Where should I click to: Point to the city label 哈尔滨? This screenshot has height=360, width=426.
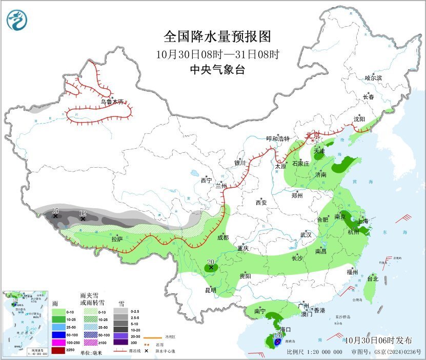tap(373, 78)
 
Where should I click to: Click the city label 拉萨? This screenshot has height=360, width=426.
tap(117, 238)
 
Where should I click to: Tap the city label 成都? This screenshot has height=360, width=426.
tap(222, 237)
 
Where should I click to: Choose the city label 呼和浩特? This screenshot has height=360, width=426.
tap(277, 139)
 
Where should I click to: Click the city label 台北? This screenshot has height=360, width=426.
tap(372, 279)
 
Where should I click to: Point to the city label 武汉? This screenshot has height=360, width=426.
tap(306, 234)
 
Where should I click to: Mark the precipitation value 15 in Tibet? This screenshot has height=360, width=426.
tap(55, 211)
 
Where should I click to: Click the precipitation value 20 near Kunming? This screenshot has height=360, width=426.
tap(210, 262)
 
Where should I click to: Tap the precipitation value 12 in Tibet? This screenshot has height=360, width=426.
tap(83, 213)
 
